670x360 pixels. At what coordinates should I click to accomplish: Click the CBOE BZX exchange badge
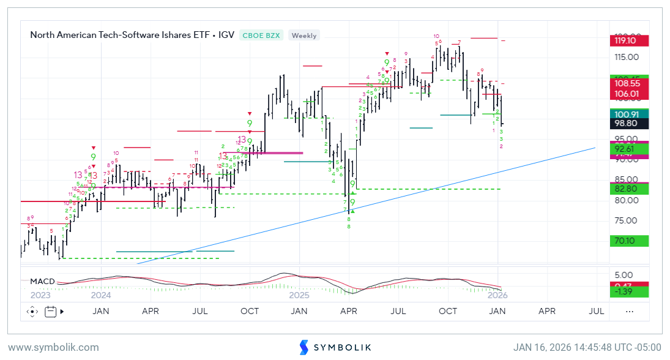click(x=261, y=36)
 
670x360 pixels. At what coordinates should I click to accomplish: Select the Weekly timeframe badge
click(x=304, y=36)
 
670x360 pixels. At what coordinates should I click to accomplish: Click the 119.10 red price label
click(x=630, y=41)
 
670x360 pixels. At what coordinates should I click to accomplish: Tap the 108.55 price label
click(x=630, y=83)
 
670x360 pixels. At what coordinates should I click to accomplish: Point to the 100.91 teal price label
click(x=630, y=114)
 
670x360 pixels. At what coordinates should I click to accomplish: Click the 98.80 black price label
click(x=630, y=123)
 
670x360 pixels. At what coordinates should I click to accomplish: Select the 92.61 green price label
click(x=630, y=148)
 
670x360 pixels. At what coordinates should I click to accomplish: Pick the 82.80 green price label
click(x=630, y=189)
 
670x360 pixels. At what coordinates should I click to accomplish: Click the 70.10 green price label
click(x=630, y=241)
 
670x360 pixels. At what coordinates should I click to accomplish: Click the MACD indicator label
click(x=43, y=282)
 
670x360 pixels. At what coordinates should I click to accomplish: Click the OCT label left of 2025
click(x=250, y=312)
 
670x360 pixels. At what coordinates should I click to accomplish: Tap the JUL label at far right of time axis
click(x=597, y=312)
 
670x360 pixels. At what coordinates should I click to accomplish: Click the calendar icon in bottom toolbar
click(x=51, y=312)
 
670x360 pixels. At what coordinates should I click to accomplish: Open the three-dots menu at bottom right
click(x=629, y=312)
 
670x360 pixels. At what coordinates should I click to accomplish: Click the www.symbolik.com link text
click(x=53, y=348)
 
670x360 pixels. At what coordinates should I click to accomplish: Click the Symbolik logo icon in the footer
click(x=304, y=348)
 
